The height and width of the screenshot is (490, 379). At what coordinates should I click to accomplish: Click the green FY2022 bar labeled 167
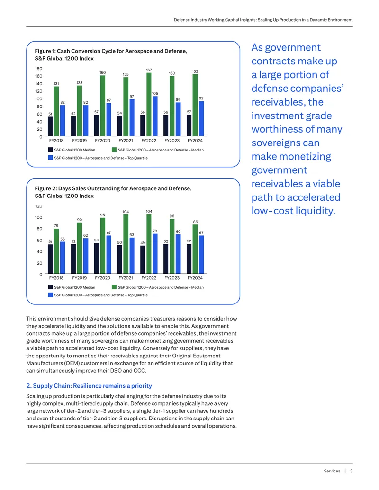[x=149, y=104]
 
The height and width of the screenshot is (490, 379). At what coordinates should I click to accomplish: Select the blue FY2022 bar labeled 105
[x=155, y=116]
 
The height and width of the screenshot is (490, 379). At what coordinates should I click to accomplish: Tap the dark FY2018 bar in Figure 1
[x=50, y=126]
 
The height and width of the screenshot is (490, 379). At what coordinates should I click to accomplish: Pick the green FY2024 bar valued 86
[x=195, y=249]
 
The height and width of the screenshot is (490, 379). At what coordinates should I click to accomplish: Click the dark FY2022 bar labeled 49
[x=143, y=260]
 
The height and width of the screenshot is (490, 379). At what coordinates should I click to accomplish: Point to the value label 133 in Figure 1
[x=80, y=83]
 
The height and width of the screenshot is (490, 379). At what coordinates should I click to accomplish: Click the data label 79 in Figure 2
[x=56, y=226]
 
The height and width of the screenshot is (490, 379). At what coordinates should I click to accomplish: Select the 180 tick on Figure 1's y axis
[x=38, y=69]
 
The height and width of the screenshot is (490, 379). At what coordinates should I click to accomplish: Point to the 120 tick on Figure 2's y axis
[x=38, y=206]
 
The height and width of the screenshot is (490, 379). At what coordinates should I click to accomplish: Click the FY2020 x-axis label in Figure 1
[x=103, y=141]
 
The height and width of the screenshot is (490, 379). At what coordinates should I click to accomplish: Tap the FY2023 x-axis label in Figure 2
[x=172, y=278]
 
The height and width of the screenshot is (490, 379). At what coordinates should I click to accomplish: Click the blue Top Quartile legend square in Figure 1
[x=50, y=158]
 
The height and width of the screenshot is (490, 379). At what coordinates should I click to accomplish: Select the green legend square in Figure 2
[x=114, y=287]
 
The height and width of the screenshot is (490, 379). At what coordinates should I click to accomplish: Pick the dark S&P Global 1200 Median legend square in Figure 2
[x=50, y=287]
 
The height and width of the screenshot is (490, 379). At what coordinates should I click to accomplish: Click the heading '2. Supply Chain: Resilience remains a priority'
[x=89, y=386]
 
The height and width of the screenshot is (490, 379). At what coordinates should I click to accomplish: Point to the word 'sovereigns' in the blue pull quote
[x=281, y=143]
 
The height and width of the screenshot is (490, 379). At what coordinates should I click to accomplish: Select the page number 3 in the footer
[x=351, y=471]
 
